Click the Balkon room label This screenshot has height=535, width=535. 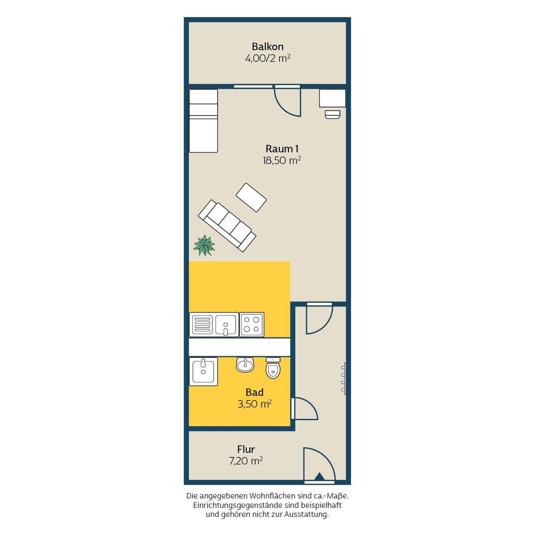267,46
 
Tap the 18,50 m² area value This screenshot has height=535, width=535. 282,160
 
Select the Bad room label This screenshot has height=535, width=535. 254,392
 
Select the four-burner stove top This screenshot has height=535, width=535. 252,325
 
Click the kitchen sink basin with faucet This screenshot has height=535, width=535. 226,325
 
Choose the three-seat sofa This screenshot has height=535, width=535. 227,226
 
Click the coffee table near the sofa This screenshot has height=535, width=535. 251,197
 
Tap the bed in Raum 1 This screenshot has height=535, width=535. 203,121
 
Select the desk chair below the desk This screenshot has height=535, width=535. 333,114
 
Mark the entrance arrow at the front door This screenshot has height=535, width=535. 320,476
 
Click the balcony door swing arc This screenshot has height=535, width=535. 283,108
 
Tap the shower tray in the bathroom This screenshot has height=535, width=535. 203,372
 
